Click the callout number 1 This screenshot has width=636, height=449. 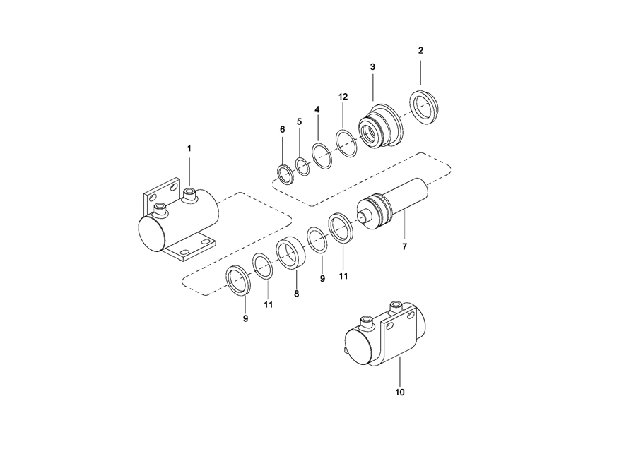(x=189, y=149)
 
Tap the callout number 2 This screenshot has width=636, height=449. (x=420, y=51)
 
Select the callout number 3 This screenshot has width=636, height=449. (x=372, y=67)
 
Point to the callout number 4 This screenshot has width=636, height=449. (x=317, y=109)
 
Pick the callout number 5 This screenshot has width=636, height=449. (x=300, y=121)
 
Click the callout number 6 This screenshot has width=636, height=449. (x=282, y=130)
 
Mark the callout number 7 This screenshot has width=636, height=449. (x=404, y=246)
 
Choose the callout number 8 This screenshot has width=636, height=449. (x=297, y=294)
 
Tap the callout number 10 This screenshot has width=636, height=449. (x=400, y=393)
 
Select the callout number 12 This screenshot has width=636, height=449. (x=343, y=97)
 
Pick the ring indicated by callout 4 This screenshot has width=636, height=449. (x=314, y=155)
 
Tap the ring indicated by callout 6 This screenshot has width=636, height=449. (x=278, y=174)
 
